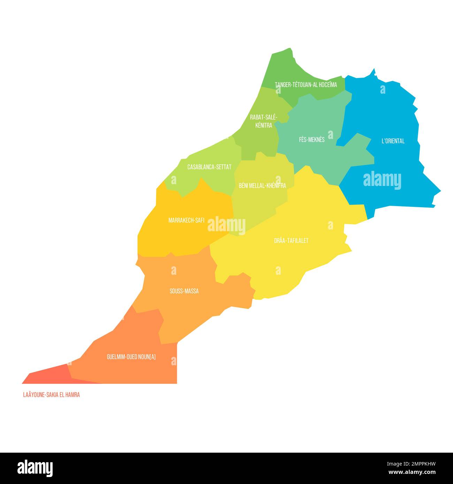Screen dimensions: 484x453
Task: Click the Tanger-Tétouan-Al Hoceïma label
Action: tap(306, 85)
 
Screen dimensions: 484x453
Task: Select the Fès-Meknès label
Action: tap(312, 140)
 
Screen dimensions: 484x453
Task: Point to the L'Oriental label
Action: tap(393, 141)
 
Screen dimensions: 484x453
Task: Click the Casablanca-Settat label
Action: tap(209, 167)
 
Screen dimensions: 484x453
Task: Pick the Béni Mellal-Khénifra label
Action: tap(262, 186)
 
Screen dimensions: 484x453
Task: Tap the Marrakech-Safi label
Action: tap(186, 220)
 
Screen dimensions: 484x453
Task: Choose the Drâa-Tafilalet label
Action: tap(291, 241)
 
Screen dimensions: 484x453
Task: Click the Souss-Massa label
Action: tap(184, 291)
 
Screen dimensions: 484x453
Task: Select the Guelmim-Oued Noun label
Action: tap(131, 357)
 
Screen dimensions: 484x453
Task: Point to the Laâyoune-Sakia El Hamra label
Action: tap(51, 395)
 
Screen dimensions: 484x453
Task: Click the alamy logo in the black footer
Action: tap(35, 468)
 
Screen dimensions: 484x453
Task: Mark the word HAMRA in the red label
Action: tap(72, 395)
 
